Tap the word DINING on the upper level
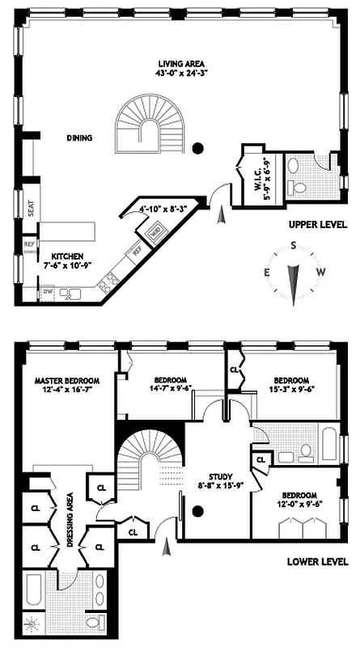(x=79, y=138)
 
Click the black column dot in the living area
(x=198, y=148)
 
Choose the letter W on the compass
(x=321, y=272)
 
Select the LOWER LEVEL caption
(x=317, y=561)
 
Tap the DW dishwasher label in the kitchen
(x=48, y=291)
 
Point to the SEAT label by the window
(x=30, y=209)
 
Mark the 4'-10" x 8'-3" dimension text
(x=163, y=209)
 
